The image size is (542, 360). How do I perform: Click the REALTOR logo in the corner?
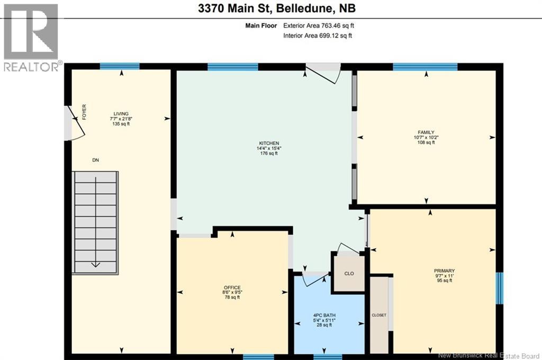(31, 37)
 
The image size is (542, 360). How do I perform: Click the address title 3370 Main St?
(270, 9)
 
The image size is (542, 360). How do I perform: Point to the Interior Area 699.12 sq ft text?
(318, 35)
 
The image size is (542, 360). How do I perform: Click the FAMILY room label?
(426, 132)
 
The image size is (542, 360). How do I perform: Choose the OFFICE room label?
(232, 286)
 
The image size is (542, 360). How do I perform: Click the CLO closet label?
(349, 274)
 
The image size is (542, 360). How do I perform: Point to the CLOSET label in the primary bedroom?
(379, 315)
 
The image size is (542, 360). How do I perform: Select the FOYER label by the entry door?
(84, 112)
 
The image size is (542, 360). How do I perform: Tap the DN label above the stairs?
(95, 160)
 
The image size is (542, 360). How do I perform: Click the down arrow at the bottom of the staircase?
(95, 264)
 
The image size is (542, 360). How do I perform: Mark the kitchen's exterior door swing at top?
(324, 73)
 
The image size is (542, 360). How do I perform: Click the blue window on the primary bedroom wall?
(499, 289)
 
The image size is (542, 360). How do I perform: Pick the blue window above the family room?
(425, 67)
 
